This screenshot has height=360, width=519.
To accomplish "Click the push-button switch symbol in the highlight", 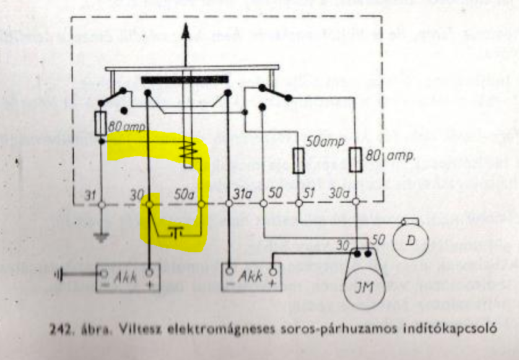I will pyautogui.click(x=176, y=232).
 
